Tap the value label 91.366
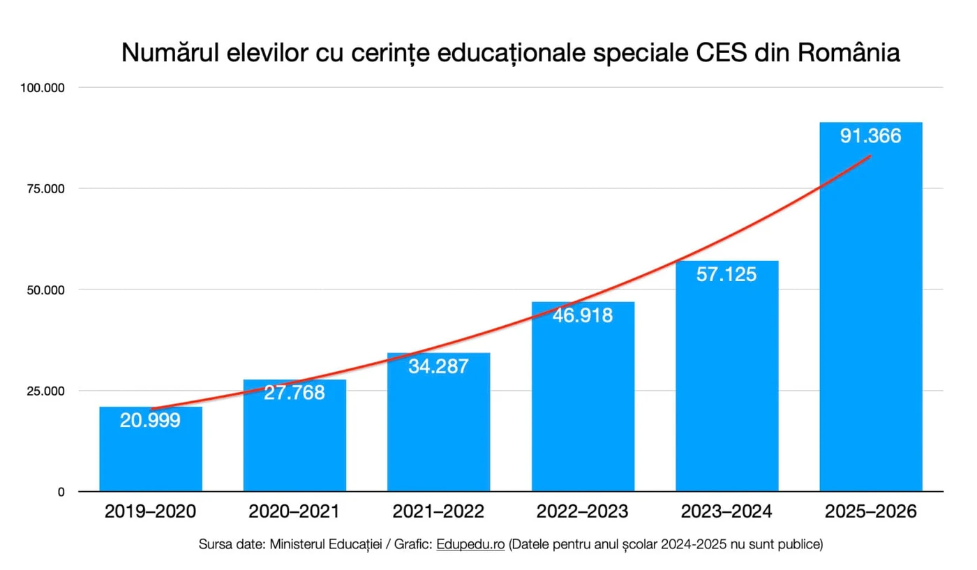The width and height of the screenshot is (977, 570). (870, 136)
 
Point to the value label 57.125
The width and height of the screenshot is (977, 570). (726, 274)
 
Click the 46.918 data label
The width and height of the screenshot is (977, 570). (583, 315)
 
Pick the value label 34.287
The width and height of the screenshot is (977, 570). (438, 366)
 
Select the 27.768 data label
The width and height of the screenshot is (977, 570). (294, 393)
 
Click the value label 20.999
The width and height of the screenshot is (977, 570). (150, 420)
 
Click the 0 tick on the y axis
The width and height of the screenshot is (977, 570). (61, 492)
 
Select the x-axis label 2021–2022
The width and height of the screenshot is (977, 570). (438, 512)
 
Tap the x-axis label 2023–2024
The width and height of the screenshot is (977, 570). (726, 512)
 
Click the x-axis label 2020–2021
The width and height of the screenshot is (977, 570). (294, 512)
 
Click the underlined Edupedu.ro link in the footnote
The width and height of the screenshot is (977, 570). (470, 544)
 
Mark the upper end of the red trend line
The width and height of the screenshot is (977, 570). (870, 156)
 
